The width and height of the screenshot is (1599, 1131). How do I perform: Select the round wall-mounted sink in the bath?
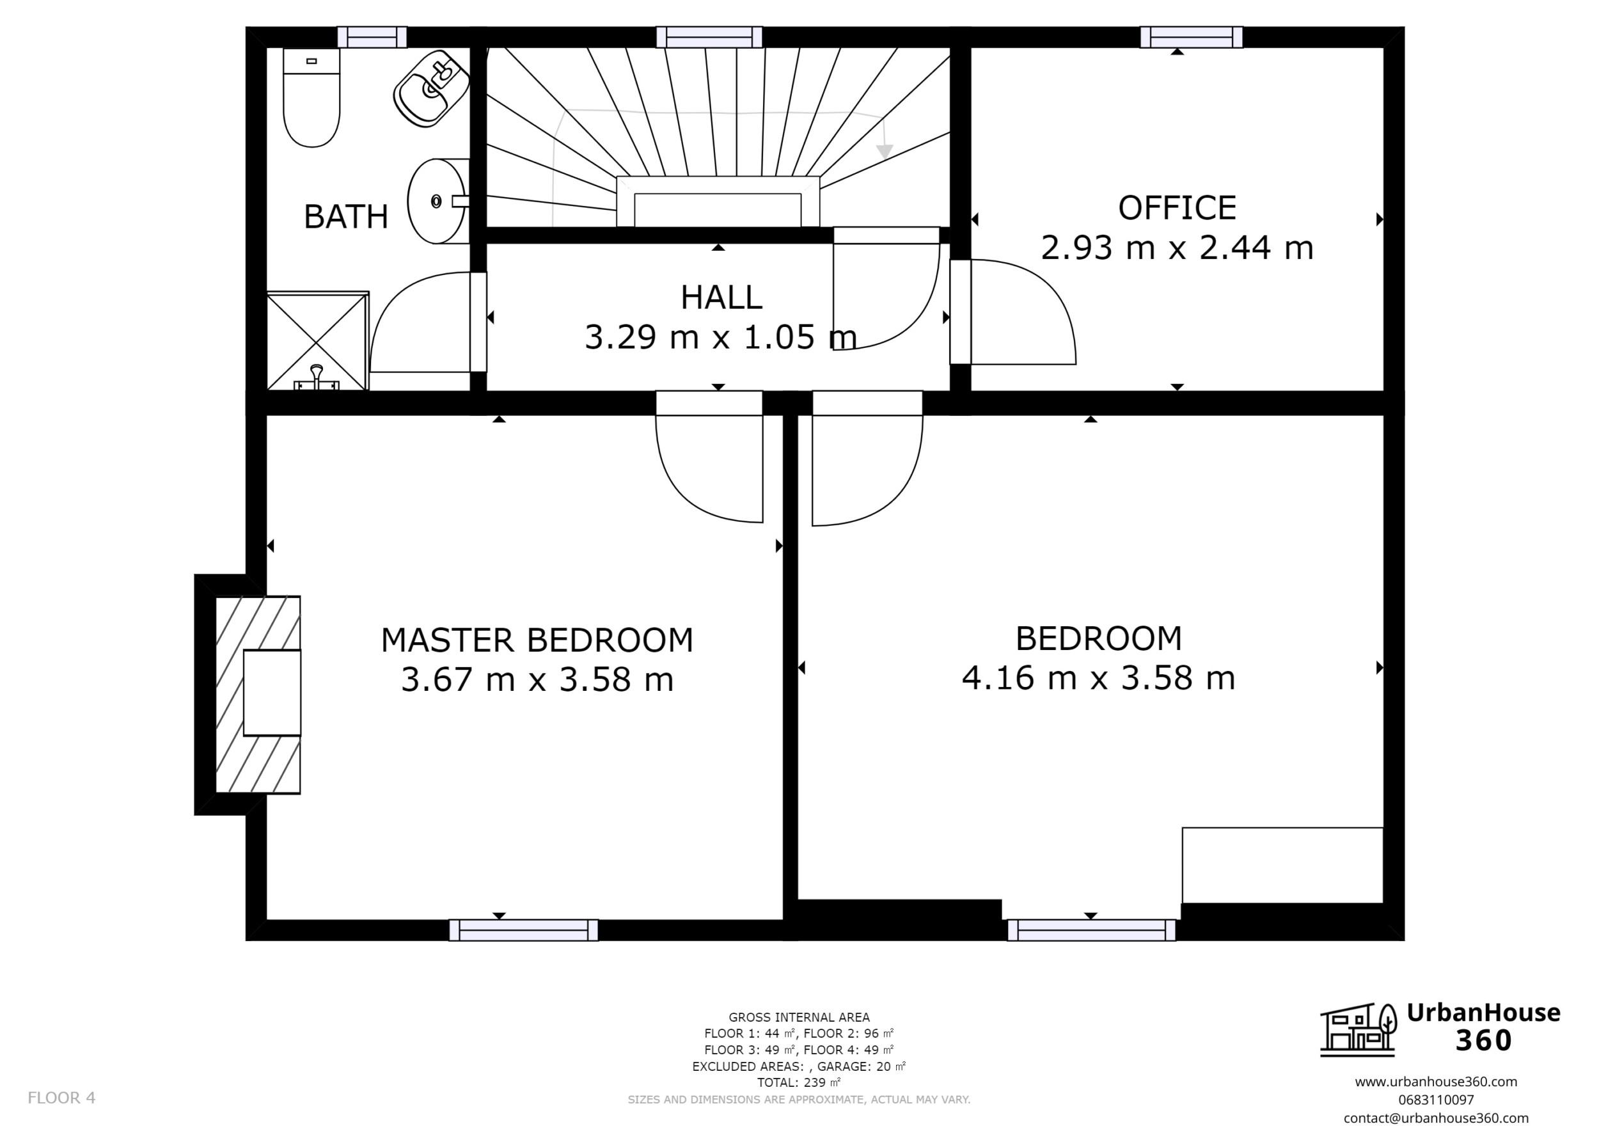point(437,201)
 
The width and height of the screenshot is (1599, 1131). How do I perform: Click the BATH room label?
point(346,217)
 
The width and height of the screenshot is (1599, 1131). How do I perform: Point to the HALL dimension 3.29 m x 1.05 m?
point(720,338)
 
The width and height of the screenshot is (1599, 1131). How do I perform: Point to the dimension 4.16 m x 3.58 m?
point(1098,678)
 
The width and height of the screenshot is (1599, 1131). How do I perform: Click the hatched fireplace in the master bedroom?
point(258,693)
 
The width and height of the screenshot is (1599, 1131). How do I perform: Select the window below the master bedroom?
point(523,929)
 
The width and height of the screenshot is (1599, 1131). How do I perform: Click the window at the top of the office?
point(1191,37)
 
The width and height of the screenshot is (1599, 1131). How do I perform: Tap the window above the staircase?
point(709,37)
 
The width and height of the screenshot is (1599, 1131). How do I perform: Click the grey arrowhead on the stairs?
point(885,151)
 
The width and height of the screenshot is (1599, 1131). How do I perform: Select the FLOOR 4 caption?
point(61,1098)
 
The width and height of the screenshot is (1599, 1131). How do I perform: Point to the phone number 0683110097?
point(1435,1100)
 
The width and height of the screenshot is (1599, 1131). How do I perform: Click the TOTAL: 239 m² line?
point(798,1083)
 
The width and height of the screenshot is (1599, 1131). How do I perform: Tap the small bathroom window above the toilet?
point(372,37)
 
